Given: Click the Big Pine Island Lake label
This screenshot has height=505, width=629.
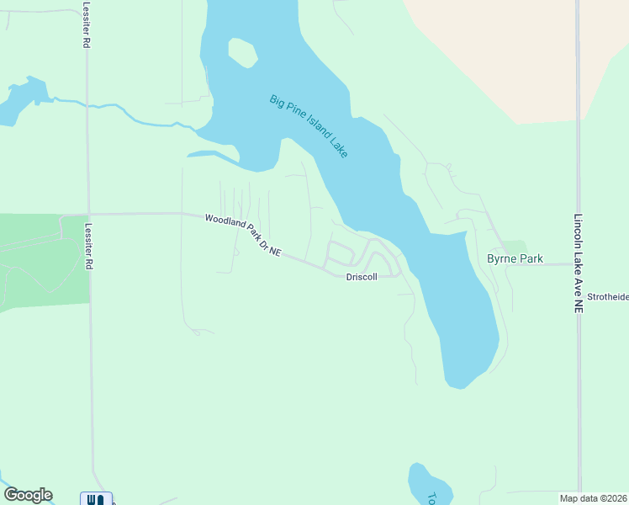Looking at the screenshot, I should click(309, 125).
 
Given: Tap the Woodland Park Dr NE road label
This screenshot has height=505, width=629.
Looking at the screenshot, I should click(242, 236).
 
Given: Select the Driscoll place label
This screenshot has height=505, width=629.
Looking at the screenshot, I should click(362, 277).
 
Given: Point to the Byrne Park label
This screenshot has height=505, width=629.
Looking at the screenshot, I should click(515, 259).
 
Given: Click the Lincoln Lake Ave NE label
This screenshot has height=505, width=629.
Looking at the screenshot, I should click(579, 263).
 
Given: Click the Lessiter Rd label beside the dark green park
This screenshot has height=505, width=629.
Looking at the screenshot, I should click(88, 246).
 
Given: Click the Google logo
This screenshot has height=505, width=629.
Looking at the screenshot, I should click(28, 495).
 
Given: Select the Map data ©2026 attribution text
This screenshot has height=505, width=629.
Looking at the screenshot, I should click(594, 498).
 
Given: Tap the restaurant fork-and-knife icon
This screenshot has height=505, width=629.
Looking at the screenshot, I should click(96, 499).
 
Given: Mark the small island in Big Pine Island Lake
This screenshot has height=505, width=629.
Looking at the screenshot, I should click(242, 52).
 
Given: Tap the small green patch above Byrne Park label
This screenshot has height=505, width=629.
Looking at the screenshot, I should click(515, 246).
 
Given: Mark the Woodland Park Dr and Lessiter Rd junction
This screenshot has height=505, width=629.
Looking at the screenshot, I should click(87, 214).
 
